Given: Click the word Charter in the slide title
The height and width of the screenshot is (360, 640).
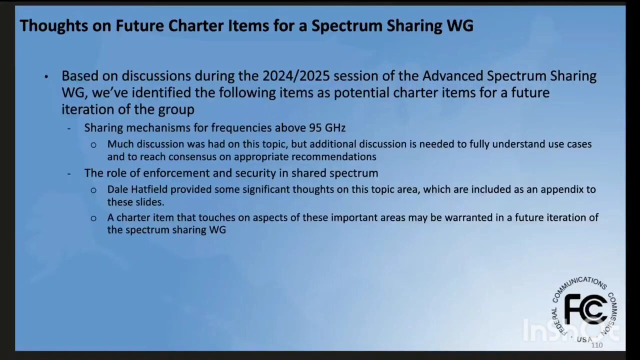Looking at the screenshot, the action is (x=195, y=25).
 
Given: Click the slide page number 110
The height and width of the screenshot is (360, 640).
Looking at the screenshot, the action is (x=597, y=345).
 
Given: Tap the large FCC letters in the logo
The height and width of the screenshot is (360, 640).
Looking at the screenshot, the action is (x=585, y=310).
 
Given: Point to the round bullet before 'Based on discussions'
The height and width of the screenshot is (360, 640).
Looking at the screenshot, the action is (x=46, y=76).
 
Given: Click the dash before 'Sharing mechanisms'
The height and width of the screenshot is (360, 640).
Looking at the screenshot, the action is (x=69, y=128).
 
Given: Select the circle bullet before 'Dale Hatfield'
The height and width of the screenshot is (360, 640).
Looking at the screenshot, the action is (x=93, y=190).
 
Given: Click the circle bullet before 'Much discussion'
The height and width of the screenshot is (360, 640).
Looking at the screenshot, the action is (x=93, y=145).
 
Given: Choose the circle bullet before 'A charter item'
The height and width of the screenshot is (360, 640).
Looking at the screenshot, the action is (x=93, y=218).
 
